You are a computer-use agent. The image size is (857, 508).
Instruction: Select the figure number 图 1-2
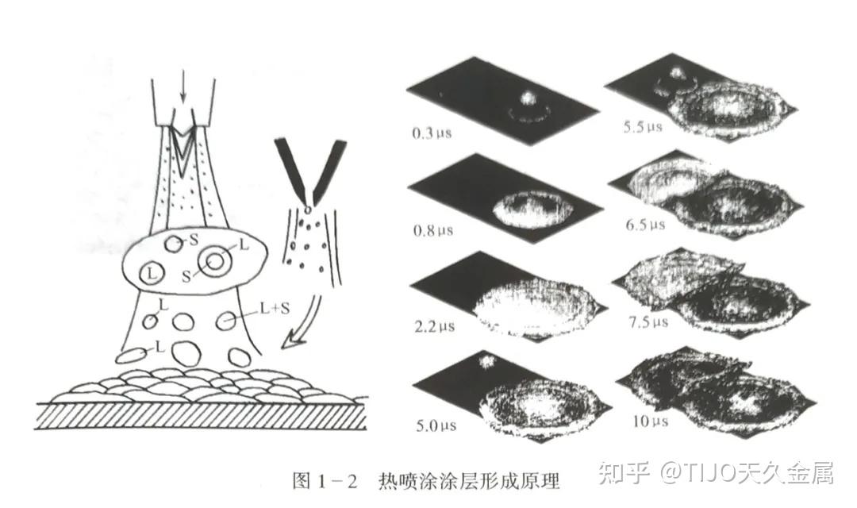coord(326,479)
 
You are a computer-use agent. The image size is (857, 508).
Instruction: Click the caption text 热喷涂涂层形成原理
coord(469,479)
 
